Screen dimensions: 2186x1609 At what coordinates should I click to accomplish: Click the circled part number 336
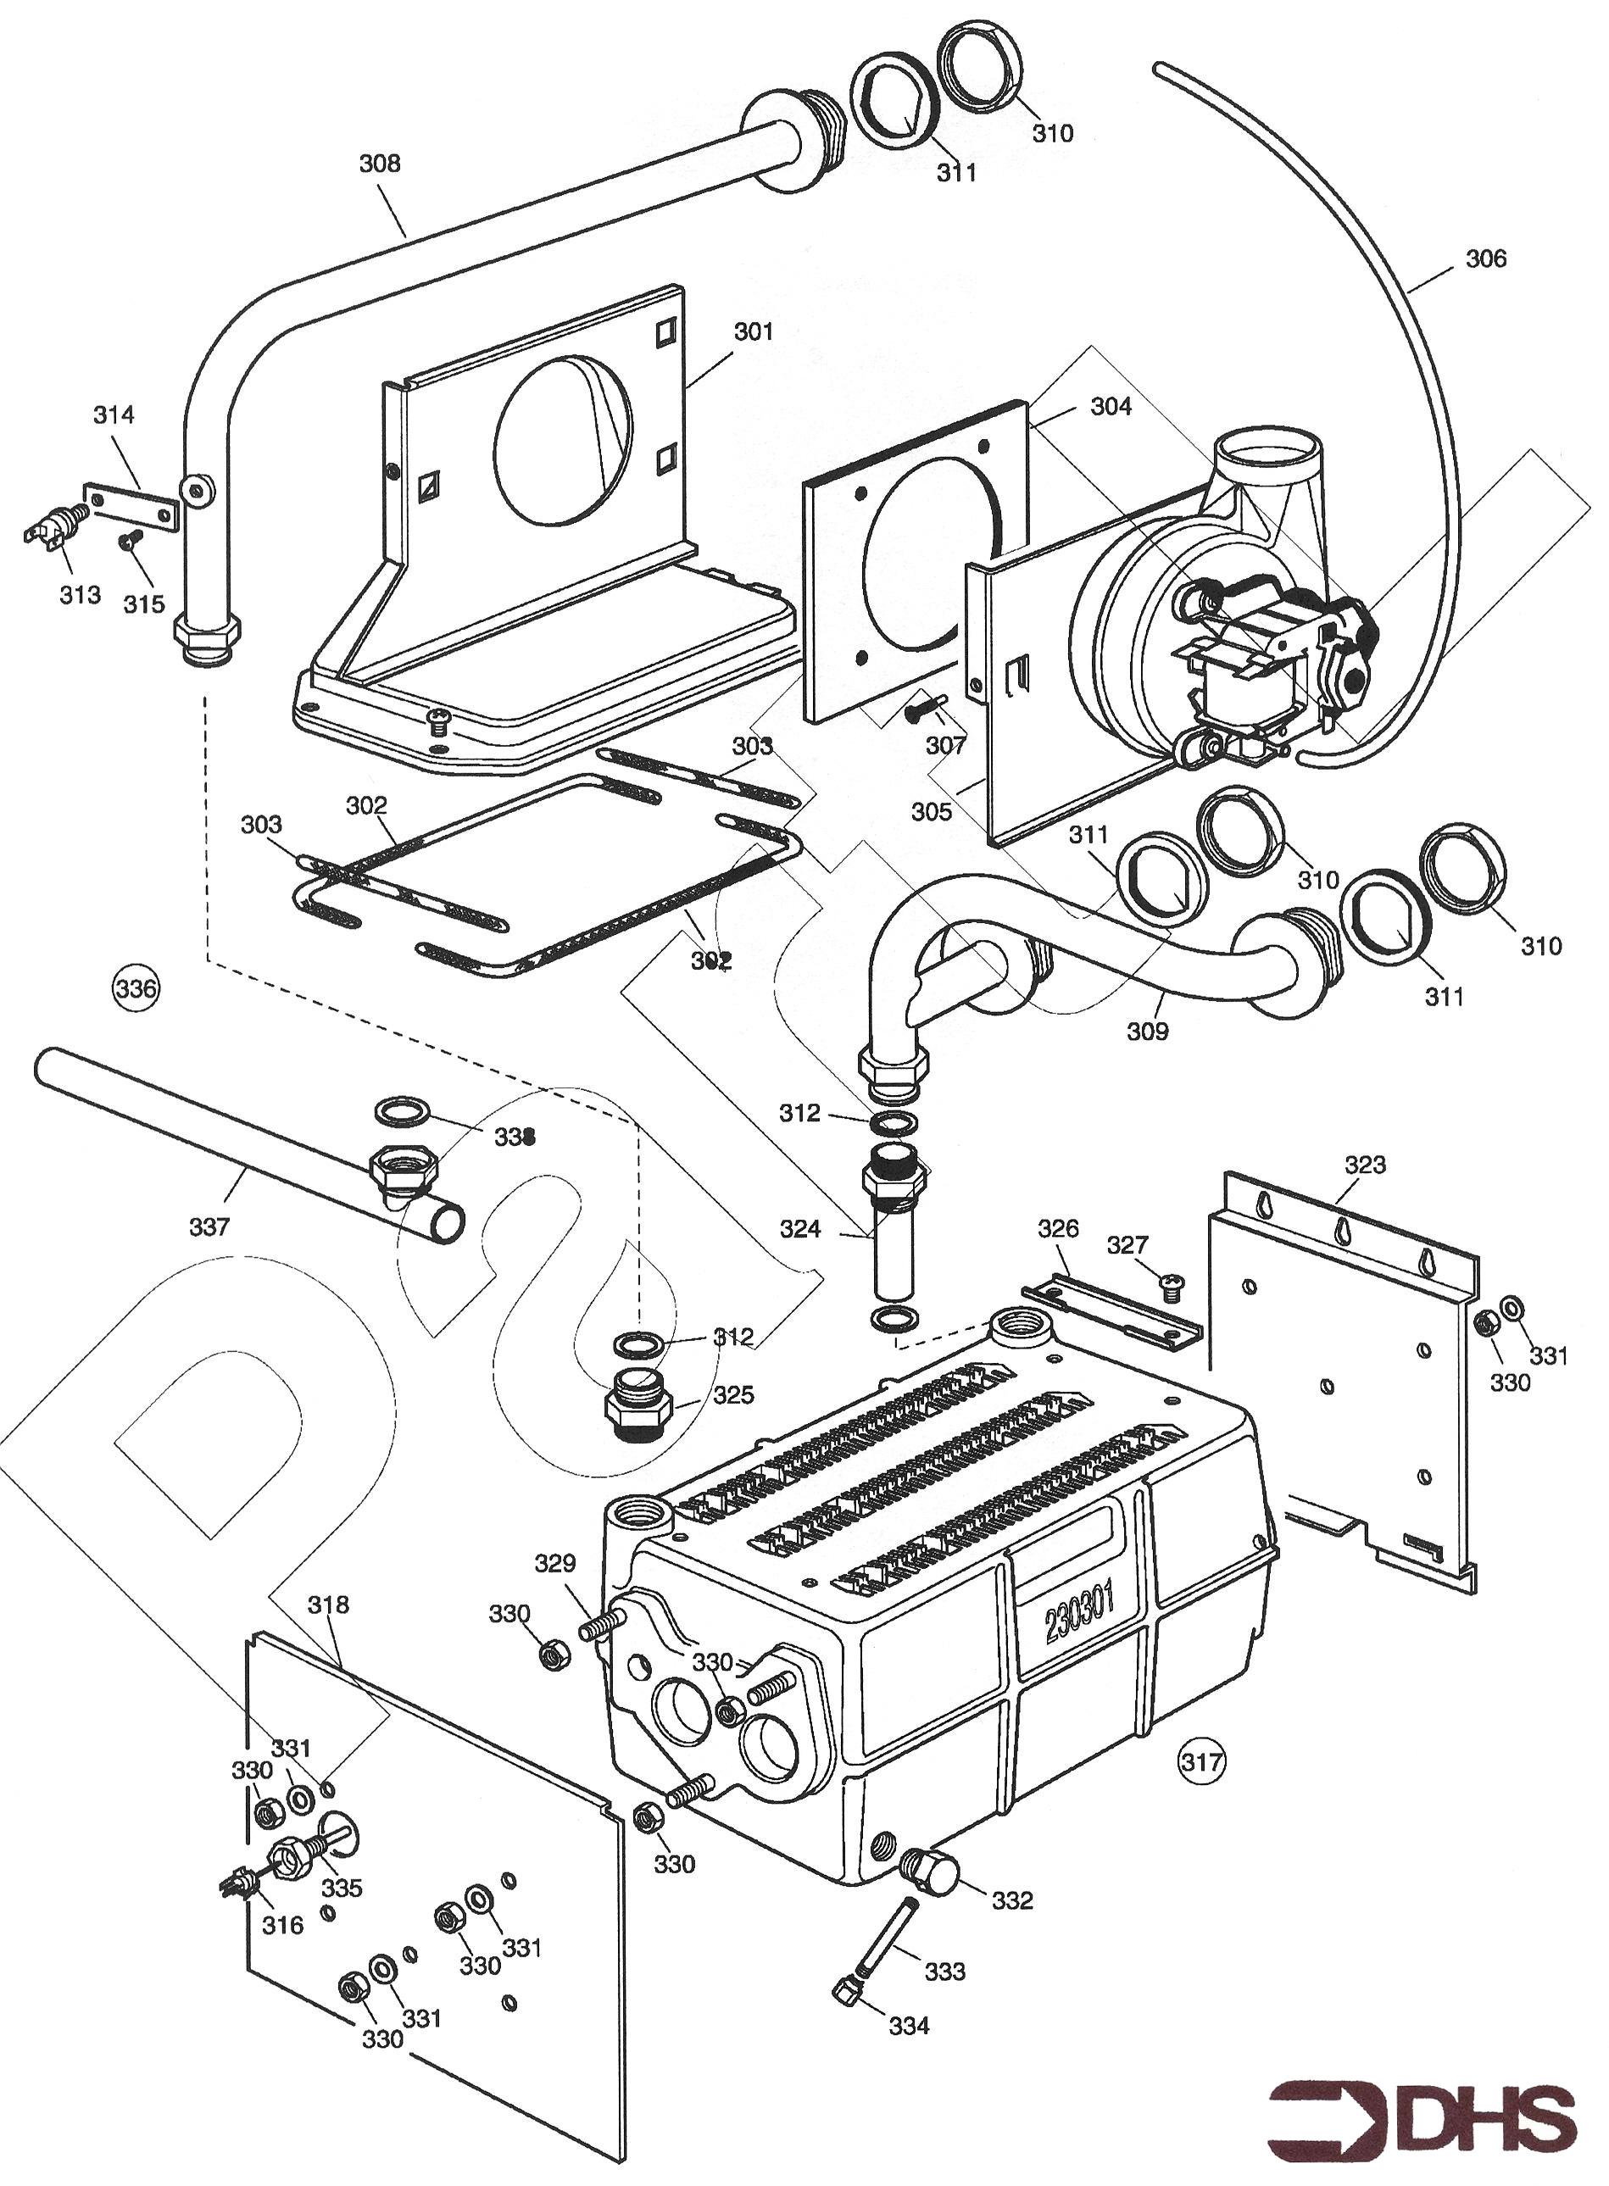click(x=136, y=989)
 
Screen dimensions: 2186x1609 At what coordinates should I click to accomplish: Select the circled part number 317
click(x=1202, y=1760)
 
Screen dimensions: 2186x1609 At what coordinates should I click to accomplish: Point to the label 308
click(x=380, y=164)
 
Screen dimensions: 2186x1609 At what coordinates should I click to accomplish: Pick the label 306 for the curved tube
click(x=1485, y=259)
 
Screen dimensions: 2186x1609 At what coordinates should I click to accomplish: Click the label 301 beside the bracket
click(x=753, y=332)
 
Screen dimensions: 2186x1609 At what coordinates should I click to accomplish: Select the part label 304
click(x=1111, y=406)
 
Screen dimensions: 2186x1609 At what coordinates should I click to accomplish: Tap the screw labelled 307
click(x=920, y=712)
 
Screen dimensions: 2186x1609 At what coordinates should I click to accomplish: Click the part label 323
click(x=1365, y=1165)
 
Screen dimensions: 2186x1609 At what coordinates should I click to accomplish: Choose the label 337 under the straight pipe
click(x=209, y=1226)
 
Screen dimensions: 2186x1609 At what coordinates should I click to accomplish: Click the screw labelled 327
click(x=1172, y=1289)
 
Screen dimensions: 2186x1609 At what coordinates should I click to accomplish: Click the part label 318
click(x=328, y=1604)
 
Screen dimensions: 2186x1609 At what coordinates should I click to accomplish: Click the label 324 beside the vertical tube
click(x=799, y=1230)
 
